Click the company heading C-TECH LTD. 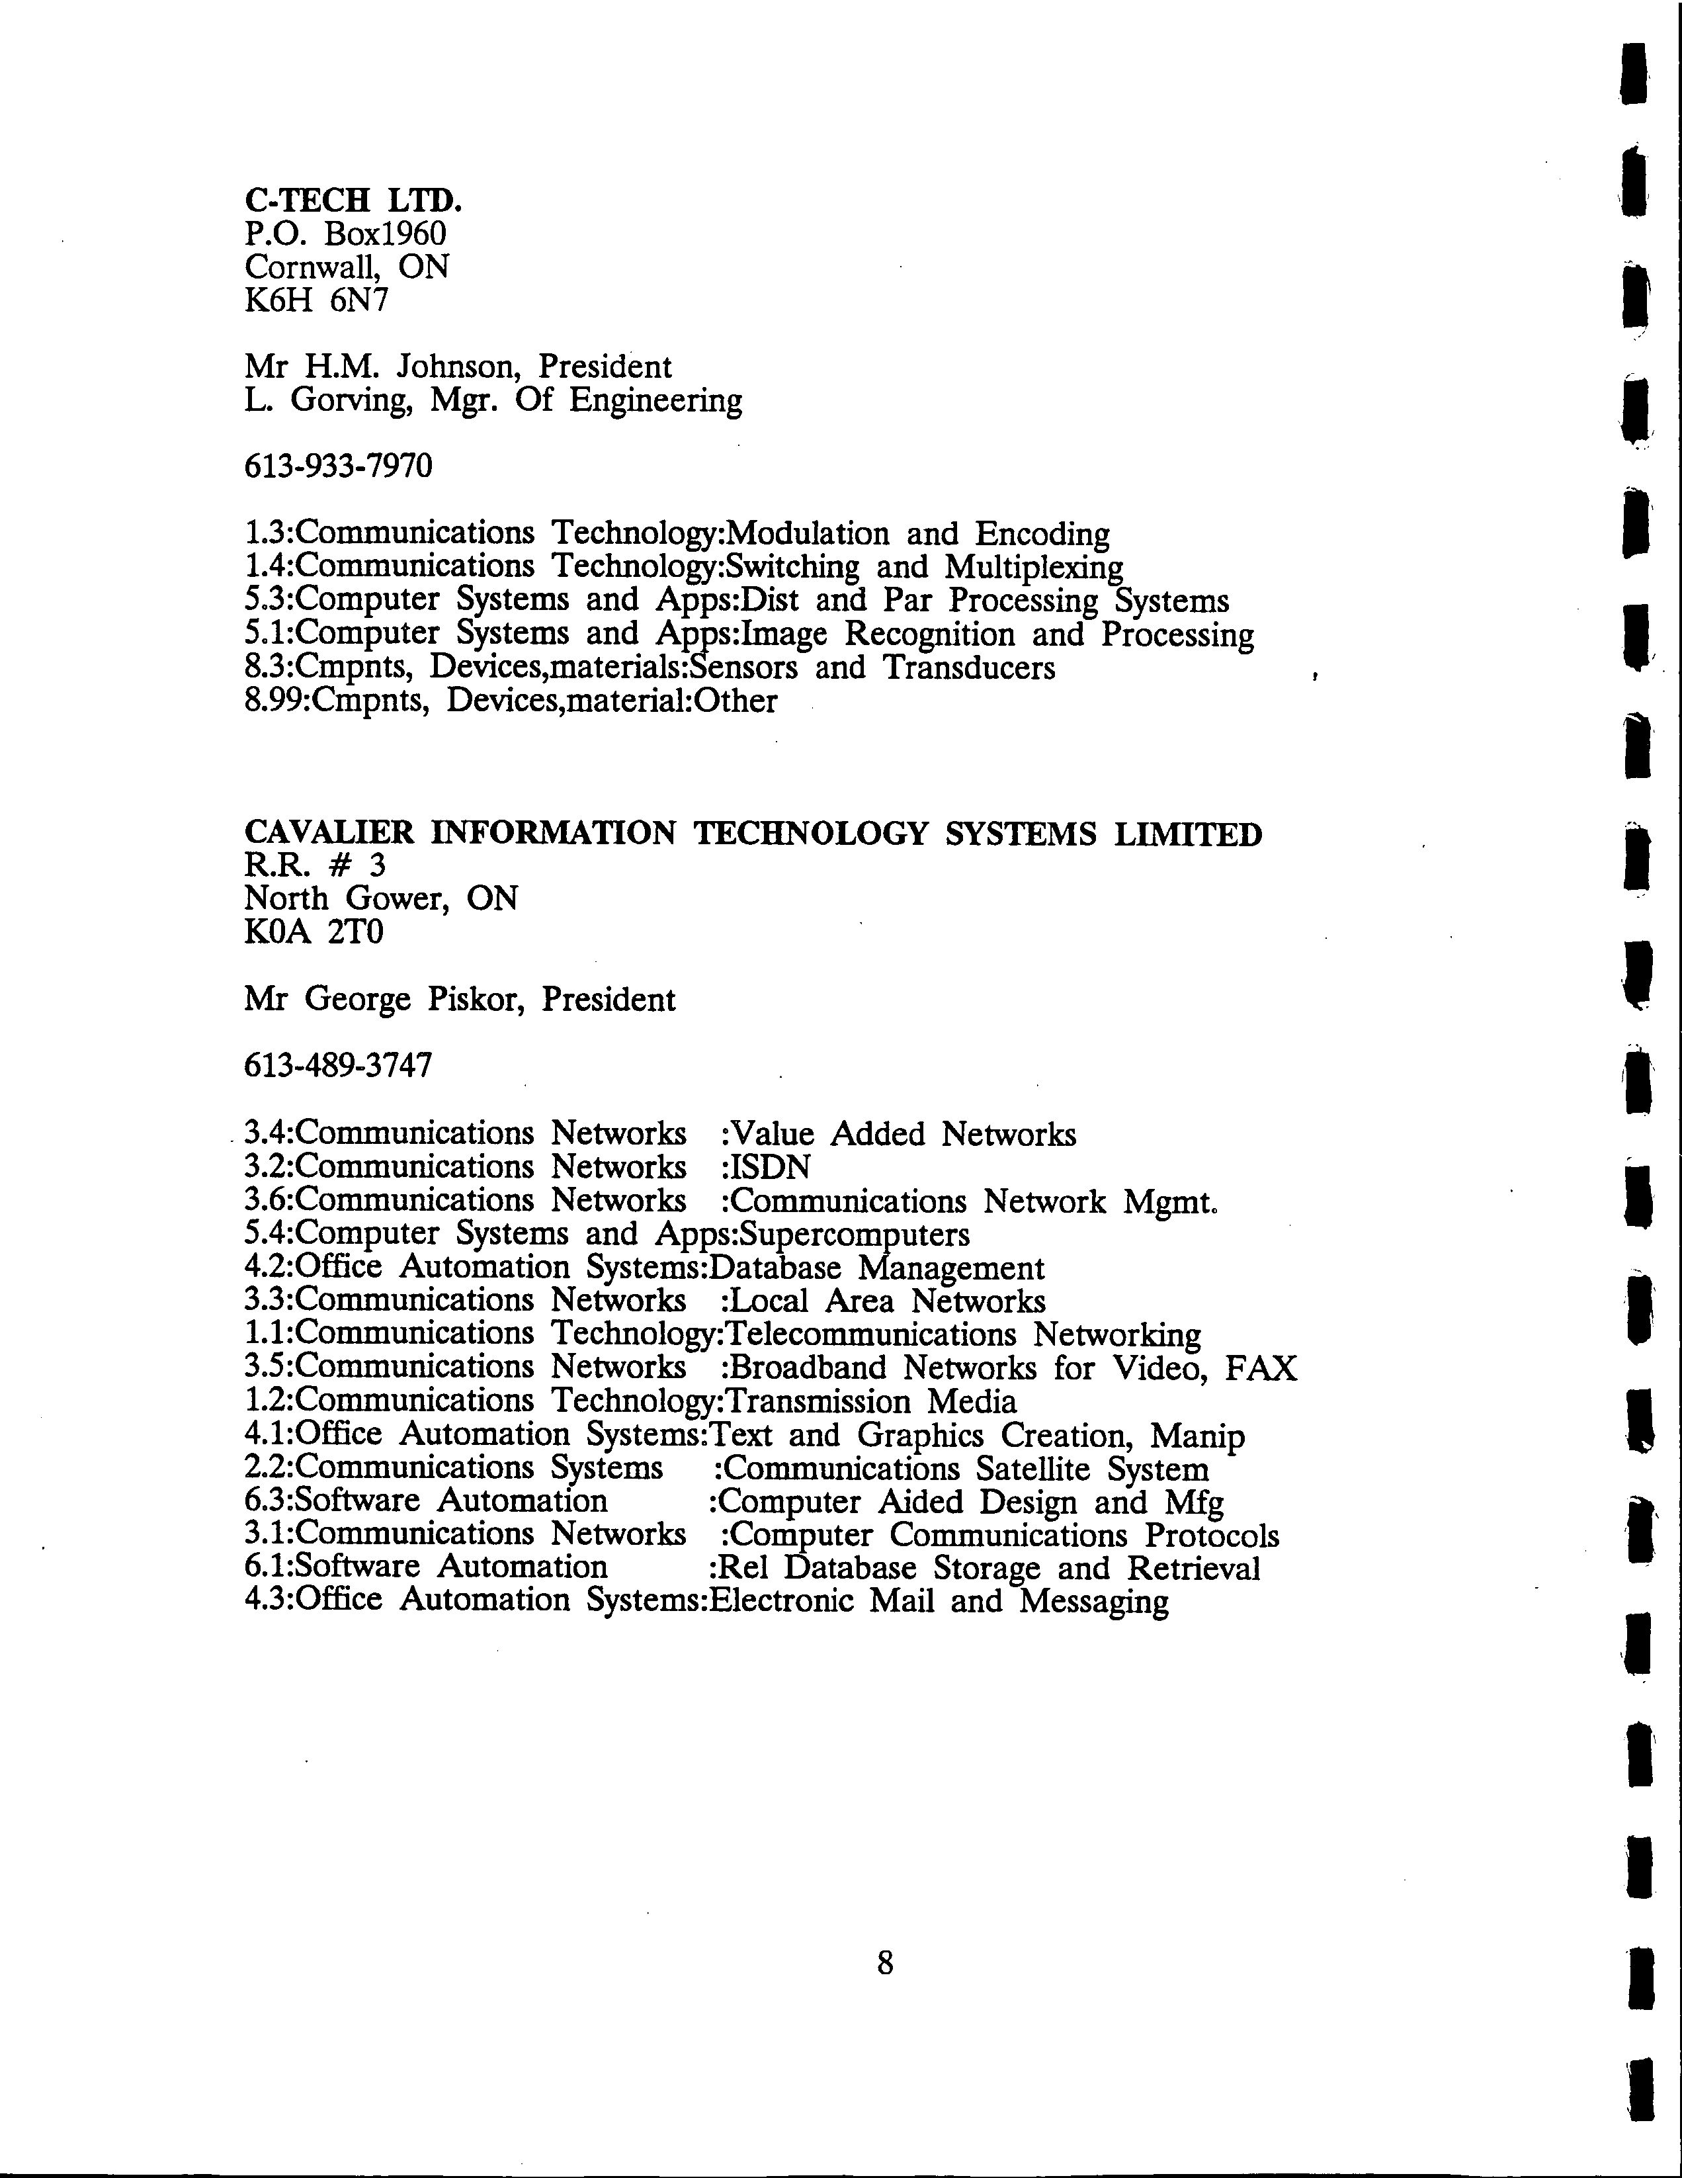pos(353,200)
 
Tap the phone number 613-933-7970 pos(338,466)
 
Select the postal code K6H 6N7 pos(316,299)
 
